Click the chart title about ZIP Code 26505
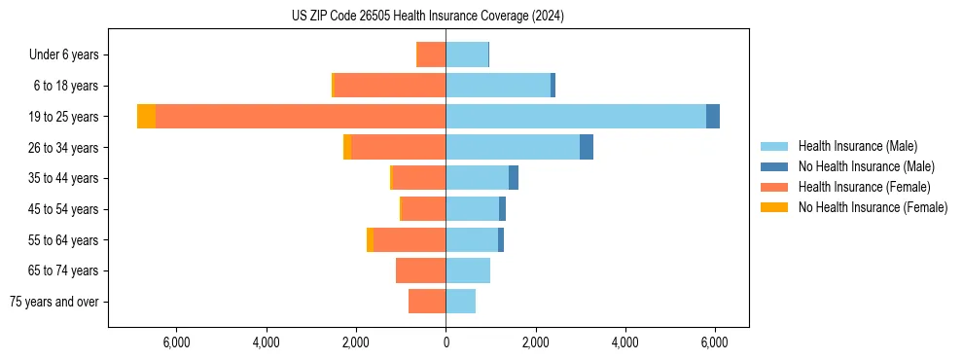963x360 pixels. [427, 17]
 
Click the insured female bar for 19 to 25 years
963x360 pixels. [301, 117]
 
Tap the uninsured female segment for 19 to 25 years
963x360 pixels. [146, 117]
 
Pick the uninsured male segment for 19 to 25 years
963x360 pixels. [713, 117]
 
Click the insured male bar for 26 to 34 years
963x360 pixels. [513, 147]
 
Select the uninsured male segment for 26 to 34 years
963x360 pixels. [587, 147]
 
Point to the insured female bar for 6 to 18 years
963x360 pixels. [389, 86]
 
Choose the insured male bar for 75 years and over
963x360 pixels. [461, 302]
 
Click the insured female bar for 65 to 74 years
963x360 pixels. [421, 270]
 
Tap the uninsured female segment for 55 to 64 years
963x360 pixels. [370, 239]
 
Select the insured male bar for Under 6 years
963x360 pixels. [467, 54]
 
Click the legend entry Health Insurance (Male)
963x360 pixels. [857, 146]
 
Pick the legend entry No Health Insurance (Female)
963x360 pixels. [873, 207]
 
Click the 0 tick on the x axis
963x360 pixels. [446, 342]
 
